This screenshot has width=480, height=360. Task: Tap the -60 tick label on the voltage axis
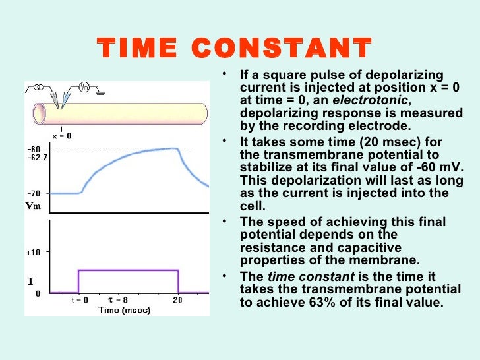(x=34, y=148)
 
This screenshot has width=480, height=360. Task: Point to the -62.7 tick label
(x=37, y=157)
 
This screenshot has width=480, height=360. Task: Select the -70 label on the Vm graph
(x=34, y=193)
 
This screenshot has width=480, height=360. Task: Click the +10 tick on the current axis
(x=34, y=252)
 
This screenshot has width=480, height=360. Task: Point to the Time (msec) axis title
(x=125, y=309)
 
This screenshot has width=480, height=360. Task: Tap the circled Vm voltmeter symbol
(x=85, y=87)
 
